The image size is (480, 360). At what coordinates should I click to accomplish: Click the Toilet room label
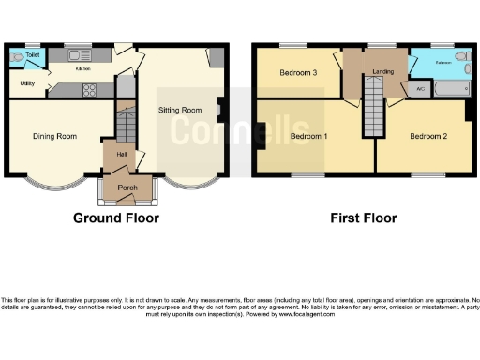(33, 56)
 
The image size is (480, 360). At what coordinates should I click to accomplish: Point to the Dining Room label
(53, 137)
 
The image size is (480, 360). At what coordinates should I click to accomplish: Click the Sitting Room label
(178, 110)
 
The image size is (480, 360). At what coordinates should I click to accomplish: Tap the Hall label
(122, 155)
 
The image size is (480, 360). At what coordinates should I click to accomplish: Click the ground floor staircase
(126, 122)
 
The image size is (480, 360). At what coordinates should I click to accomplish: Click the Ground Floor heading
(116, 218)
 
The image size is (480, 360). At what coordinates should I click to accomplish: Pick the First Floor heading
(363, 218)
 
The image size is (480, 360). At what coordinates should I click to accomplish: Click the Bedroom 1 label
(308, 136)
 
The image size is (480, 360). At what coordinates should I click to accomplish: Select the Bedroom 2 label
(427, 136)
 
